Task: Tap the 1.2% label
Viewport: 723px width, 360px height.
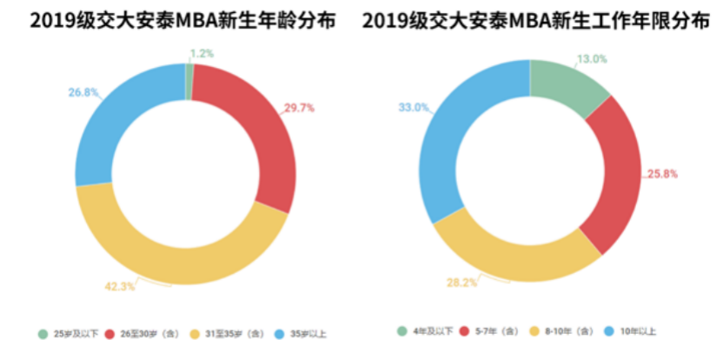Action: [x=202, y=53]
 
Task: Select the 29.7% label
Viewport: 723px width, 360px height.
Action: [x=298, y=109]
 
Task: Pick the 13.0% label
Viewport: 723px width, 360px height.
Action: [x=591, y=59]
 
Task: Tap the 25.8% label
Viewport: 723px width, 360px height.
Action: [x=660, y=174]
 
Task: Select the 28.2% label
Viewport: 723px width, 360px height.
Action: [x=461, y=283]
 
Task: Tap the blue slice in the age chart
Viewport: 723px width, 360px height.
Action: [x=113, y=122]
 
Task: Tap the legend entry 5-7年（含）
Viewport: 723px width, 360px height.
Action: [x=494, y=330]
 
